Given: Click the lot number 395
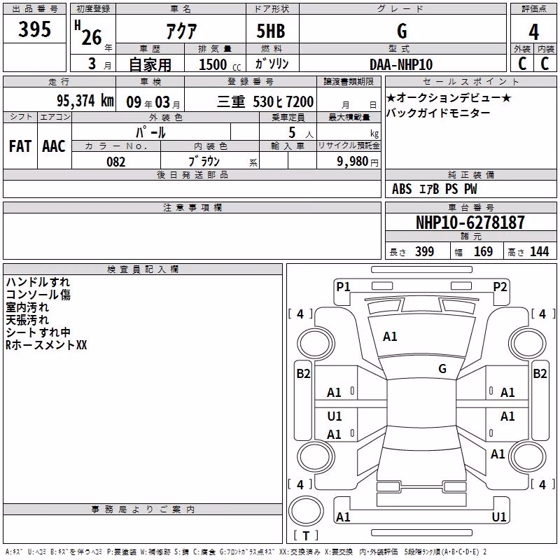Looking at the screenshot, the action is [x=34, y=29].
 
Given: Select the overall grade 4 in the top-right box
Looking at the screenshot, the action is [x=533, y=32].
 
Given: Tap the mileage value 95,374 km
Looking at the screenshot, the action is [x=85, y=101].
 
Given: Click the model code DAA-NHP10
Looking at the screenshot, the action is [x=401, y=64].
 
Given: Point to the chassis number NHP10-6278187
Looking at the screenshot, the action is [x=470, y=223].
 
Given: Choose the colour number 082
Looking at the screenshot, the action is [x=116, y=162].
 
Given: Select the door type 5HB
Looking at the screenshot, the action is [x=271, y=31].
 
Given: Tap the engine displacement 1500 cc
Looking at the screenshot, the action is [x=220, y=64].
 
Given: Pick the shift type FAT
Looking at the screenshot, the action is [x=20, y=146].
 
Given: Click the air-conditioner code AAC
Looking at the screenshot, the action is [x=54, y=146].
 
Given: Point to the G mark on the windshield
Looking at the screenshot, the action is [x=442, y=369].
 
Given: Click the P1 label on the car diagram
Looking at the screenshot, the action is [x=343, y=286].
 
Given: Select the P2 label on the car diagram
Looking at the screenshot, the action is [x=500, y=286].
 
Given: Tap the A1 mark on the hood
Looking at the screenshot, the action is [x=390, y=337].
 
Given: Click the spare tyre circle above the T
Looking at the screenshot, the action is [x=306, y=511].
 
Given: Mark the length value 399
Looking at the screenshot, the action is [x=425, y=252].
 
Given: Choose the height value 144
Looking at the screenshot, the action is [x=539, y=252].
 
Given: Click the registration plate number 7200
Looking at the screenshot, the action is [x=300, y=101].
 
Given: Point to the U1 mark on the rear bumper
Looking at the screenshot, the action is [x=499, y=517].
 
